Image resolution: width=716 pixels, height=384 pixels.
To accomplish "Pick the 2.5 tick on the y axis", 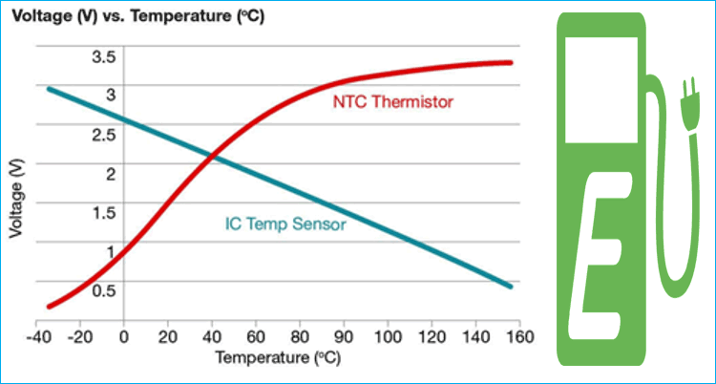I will (x=103, y=134).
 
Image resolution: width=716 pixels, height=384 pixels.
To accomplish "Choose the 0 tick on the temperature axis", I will (x=124, y=337).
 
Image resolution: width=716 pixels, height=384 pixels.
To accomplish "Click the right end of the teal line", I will (x=510, y=286).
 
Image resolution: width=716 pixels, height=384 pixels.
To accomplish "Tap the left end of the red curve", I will (x=50, y=306).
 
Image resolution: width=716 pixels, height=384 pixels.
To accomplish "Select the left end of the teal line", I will (x=50, y=89).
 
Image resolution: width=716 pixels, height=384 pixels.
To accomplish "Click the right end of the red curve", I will (x=510, y=63).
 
